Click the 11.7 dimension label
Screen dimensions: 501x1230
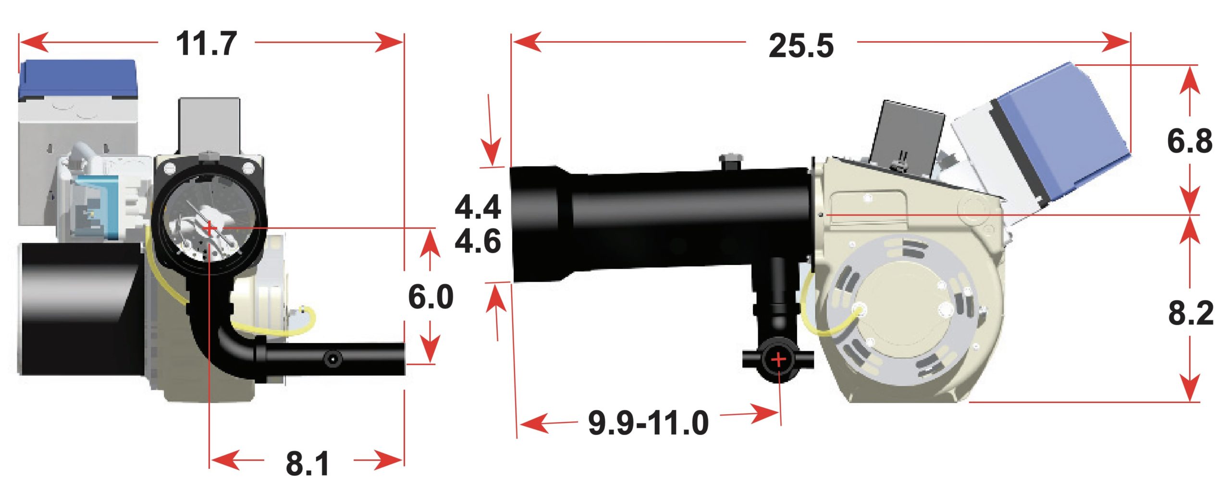[206, 44]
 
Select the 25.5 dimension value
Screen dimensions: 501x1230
[801, 46]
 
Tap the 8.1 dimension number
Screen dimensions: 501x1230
[307, 464]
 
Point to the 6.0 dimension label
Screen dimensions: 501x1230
[430, 297]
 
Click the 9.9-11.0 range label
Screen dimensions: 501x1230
[648, 423]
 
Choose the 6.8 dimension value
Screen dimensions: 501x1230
[1190, 141]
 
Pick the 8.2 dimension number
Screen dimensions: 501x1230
[1191, 313]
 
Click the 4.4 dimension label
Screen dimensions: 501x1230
[478, 207]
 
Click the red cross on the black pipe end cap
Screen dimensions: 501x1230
[778, 359]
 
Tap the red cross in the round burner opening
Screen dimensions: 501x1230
[209, 228]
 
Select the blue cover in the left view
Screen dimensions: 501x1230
[77, 79]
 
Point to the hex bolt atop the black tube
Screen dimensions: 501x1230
[730, 161]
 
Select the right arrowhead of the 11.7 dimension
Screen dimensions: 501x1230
[389, 42]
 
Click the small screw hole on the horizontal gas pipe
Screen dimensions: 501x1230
[333, 358]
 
